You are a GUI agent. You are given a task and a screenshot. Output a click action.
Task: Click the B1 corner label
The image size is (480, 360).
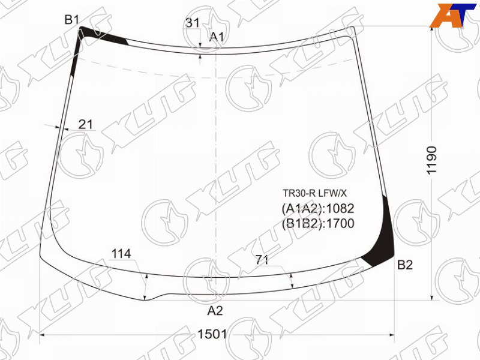pyautogui.click(x=72, y=20)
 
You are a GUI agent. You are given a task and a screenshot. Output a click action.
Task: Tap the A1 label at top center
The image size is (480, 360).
pyautogui.click(x=217, y=37)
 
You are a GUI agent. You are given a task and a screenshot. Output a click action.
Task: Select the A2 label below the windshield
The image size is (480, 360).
pyautogui.click(x=215, y=311)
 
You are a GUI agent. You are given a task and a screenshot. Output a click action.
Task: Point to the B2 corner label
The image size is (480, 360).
pyautogui.click(x=404, y=265)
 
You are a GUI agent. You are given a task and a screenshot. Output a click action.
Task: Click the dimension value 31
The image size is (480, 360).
pyautogui.click(x=193, y=23)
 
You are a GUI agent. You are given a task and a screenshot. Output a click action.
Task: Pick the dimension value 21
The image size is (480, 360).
pyautogui.click(x=85, y=124)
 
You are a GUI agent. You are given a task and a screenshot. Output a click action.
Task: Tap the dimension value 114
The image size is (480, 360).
pyautogui.click(x=121, y=254)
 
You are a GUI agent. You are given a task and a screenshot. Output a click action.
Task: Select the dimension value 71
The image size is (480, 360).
pyautogui.click(x=262, y=260)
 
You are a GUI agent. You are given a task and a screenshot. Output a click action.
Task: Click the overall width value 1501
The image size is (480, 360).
pyautogui.click(x=212, y=334)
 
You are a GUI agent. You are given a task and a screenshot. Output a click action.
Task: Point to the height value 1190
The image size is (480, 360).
pyautogui.click(x=431, y=160)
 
